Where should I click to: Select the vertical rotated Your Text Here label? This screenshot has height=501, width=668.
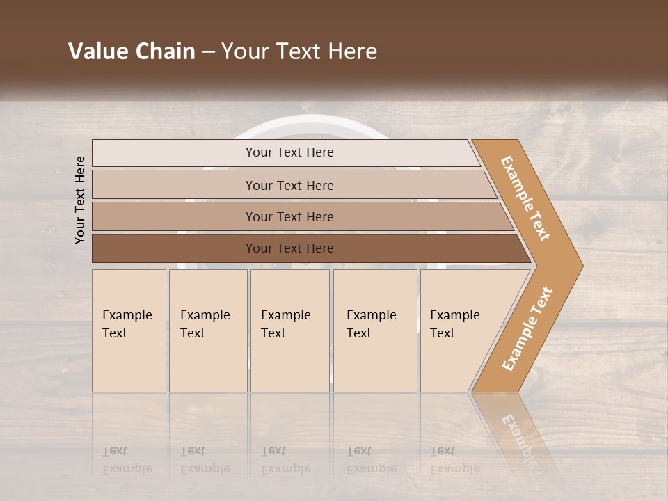80,200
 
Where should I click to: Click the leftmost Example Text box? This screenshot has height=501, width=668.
129,331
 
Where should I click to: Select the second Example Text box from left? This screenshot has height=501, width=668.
207,331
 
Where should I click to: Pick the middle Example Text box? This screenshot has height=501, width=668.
289,331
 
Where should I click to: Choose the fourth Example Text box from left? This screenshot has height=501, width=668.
374,331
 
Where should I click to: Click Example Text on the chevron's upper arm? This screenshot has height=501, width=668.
525,198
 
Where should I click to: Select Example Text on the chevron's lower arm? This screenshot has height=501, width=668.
527,329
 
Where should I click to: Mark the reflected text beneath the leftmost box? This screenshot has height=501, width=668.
127,461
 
